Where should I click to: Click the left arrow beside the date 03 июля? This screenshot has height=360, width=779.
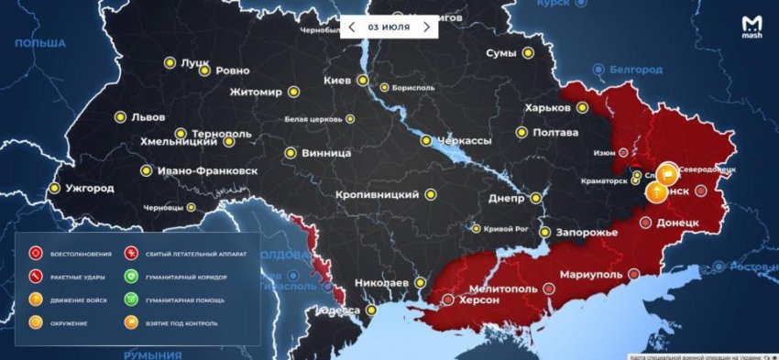(352, 27)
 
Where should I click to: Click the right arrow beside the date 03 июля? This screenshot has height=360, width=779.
(426, 27)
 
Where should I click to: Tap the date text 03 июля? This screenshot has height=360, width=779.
(389, 27)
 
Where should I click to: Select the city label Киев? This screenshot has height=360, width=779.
(337, 81)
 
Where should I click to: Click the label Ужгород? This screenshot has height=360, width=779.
(90, 189)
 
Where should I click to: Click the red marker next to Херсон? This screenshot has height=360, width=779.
(447, 299)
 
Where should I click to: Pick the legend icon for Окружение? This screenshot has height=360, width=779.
(36, 322)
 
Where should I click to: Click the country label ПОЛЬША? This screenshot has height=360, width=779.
(41, 43)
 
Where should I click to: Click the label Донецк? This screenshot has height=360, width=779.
(679, 223)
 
